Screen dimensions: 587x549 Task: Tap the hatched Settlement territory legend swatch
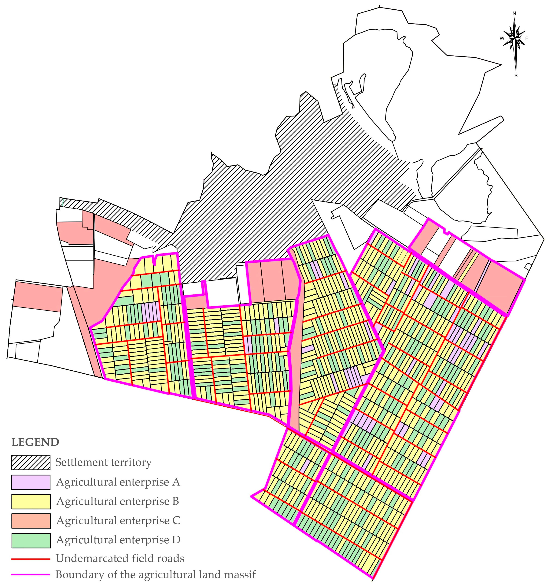[31, 462]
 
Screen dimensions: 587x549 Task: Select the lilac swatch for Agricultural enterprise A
[31, 482]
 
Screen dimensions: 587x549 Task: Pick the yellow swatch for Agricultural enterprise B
[31, 501]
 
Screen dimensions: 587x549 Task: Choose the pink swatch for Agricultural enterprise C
[31, 521]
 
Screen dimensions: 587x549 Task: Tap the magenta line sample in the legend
[31, 575]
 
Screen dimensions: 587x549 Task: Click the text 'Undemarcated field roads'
[120, 558]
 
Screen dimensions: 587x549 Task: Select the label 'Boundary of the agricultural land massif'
[155, 575]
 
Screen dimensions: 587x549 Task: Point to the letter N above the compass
[514, 13]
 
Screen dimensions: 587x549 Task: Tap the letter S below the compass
[516, 76]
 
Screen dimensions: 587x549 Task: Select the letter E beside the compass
[527, 38]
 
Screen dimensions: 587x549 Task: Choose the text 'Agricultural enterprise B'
[118, 501]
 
